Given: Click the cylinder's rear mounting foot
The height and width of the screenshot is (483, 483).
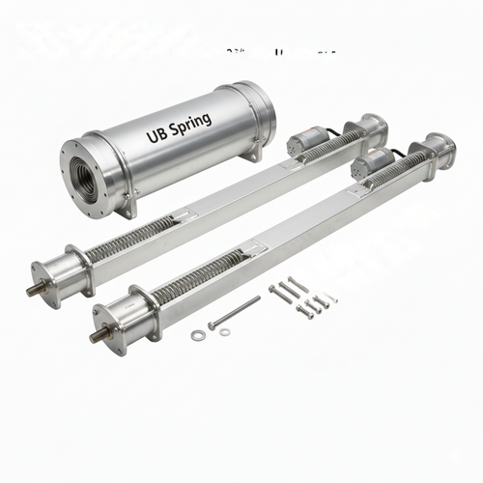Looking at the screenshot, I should [254, 155].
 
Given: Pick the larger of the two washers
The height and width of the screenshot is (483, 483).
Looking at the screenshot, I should [198, 335].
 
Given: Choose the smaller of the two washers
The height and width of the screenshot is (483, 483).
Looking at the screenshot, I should [224, 332].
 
